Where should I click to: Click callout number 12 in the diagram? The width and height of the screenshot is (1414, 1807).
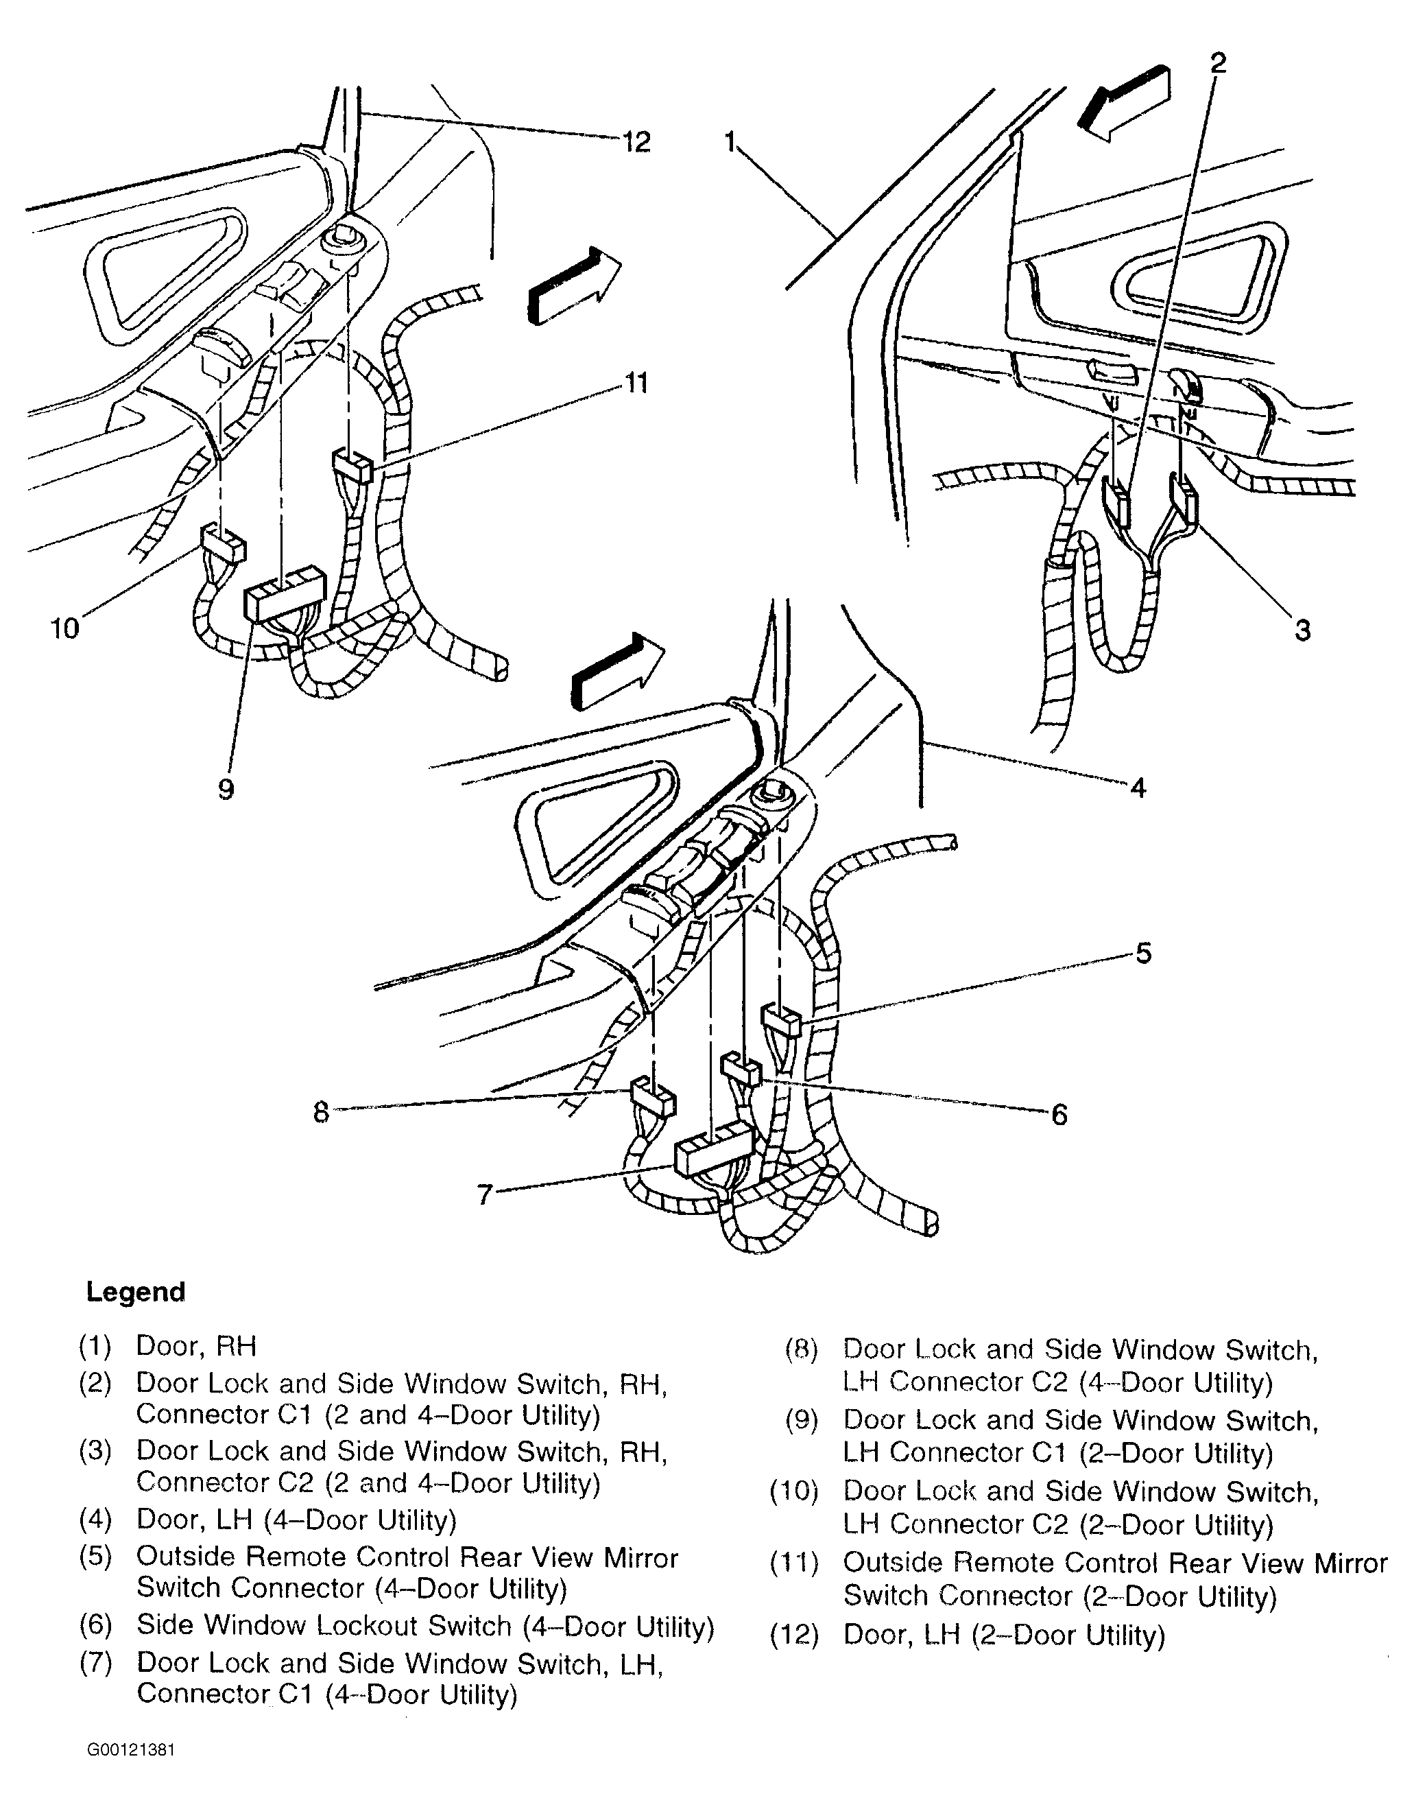coord(636,143)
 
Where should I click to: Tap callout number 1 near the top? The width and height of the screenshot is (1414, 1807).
coord(730,143)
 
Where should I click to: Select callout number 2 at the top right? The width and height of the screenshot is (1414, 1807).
coord(1217,63)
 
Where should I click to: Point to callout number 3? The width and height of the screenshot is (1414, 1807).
coord(1302,631)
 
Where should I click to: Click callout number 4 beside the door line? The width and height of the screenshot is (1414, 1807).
coord(1138,788)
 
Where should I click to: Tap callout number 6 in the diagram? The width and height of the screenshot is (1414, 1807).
coord(1059,1115)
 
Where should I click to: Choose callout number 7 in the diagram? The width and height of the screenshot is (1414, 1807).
coord(485,1194)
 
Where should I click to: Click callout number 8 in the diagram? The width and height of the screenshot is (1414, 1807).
coord(321,1112)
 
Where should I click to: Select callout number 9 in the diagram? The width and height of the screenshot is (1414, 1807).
coord(226,789)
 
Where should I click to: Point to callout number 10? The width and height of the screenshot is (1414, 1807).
coord(64,628)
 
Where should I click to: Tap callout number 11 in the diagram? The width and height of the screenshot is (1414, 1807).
coord(636,383)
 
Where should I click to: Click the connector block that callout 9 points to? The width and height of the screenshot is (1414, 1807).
coord(285,593)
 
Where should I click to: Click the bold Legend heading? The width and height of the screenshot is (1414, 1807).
coord(136,1292)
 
